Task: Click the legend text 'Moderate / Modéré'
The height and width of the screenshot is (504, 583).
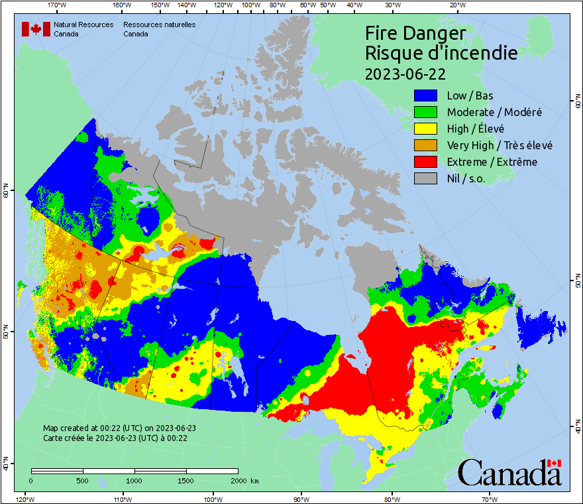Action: (x=494, y=112)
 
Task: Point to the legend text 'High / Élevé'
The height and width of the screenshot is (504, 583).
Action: (x=475, y=129)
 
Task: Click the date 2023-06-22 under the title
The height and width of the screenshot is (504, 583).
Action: (x=405, y=73)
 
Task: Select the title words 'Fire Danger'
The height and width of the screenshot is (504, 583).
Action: (x=415, y=33)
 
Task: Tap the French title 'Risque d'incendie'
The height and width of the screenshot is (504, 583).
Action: (x=441, y=53)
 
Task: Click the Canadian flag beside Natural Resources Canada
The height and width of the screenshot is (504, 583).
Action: (x=36, y=29)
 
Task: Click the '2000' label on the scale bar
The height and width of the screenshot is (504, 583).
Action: (x=237, y=480)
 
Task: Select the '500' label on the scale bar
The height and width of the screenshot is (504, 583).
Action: (x=82, y=480)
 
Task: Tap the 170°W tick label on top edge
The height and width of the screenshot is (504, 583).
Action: (x=58, y=5)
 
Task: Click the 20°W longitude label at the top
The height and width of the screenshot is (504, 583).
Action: (x=456, y=5)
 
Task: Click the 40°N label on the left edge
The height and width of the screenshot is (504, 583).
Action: (x=6, y=466)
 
